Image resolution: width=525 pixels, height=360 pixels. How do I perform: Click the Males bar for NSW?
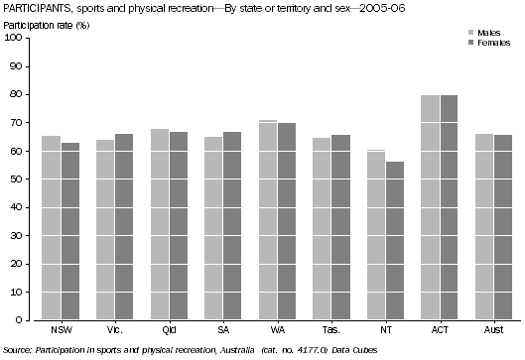(x=51, y=227)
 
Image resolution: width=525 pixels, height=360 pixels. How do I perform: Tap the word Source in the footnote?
(x=18, y=352)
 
